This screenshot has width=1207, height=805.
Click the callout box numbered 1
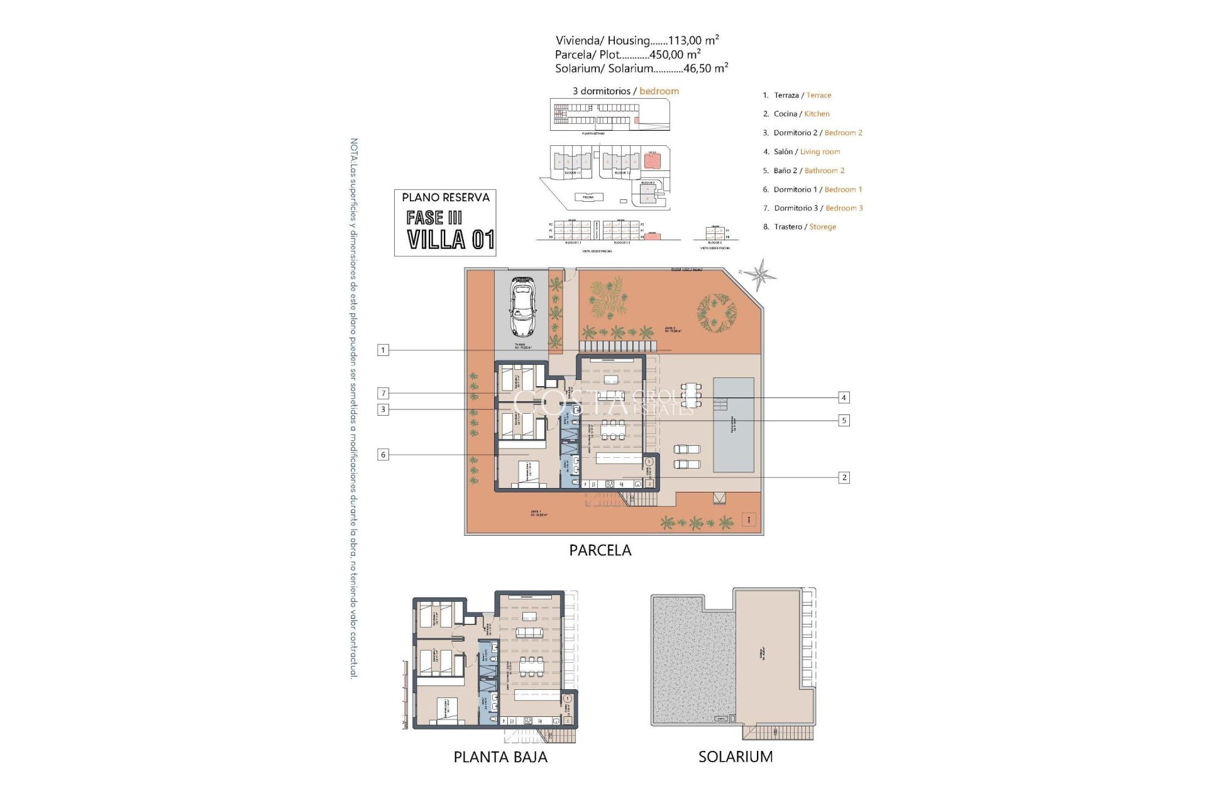tap(383, 350)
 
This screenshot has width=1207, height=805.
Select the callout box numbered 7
tap(383, 394)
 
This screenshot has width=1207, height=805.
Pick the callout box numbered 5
tap(844, 421)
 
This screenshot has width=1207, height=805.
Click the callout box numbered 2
tap(844, 478)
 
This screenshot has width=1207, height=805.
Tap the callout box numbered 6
tap(383, 455)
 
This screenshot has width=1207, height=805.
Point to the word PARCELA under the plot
tap(600, 550)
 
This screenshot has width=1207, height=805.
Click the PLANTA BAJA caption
tap(500, 757)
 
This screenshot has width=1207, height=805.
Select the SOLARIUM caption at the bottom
tap(736, 757)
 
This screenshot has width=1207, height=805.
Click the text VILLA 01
tap(451, 240)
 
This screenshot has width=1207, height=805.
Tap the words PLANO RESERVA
tap(445, 197)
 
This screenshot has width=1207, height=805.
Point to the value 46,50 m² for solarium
tap(705, 69)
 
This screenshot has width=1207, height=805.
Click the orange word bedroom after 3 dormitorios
tap(659, 91)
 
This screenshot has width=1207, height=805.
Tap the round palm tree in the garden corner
tap(716, 311)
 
